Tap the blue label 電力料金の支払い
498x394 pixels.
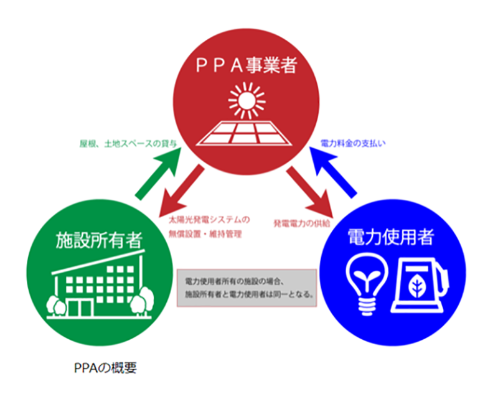tap(353, 143)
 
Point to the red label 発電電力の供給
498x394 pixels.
tap(302, 222)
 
